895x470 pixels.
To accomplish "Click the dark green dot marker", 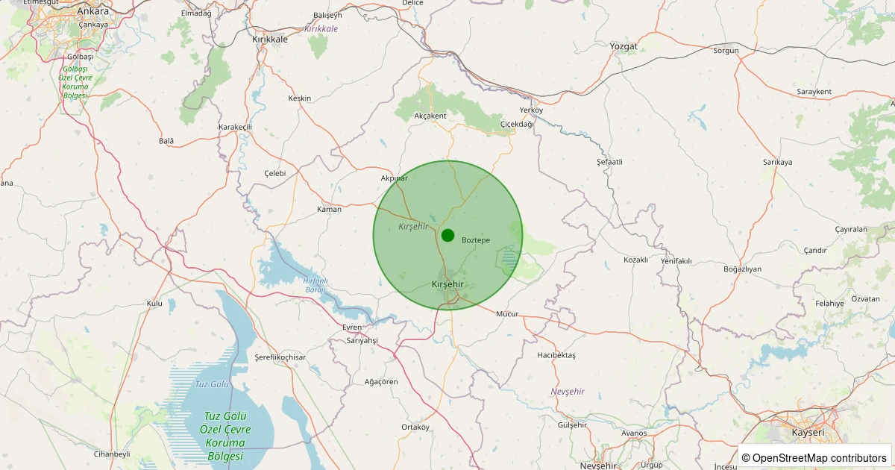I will point(447,236).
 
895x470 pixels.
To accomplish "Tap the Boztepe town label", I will point(476,240).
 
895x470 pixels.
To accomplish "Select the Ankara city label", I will point(93,10).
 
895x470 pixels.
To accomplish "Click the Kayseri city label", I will point(808,433).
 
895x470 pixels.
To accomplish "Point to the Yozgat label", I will point(624,46).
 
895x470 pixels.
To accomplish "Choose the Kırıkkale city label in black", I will point(270,39).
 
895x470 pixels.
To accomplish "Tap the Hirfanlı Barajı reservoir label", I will point(315,285).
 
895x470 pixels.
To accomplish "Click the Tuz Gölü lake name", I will point(211,384).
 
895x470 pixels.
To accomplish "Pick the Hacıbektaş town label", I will point(556,355).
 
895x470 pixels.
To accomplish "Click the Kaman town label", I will point(329,209).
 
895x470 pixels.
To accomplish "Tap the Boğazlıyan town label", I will point(743,269).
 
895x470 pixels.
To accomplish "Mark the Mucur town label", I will point(507,314).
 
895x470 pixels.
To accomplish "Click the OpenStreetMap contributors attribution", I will point(814,457).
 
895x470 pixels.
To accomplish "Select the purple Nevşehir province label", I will point(568,392).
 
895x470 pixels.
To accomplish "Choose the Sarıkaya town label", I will point(777,162).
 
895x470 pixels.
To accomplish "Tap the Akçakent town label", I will point(430,116).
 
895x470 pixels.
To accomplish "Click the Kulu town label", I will point(154,304).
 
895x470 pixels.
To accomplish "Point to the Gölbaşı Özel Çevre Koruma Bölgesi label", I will point(75,82).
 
